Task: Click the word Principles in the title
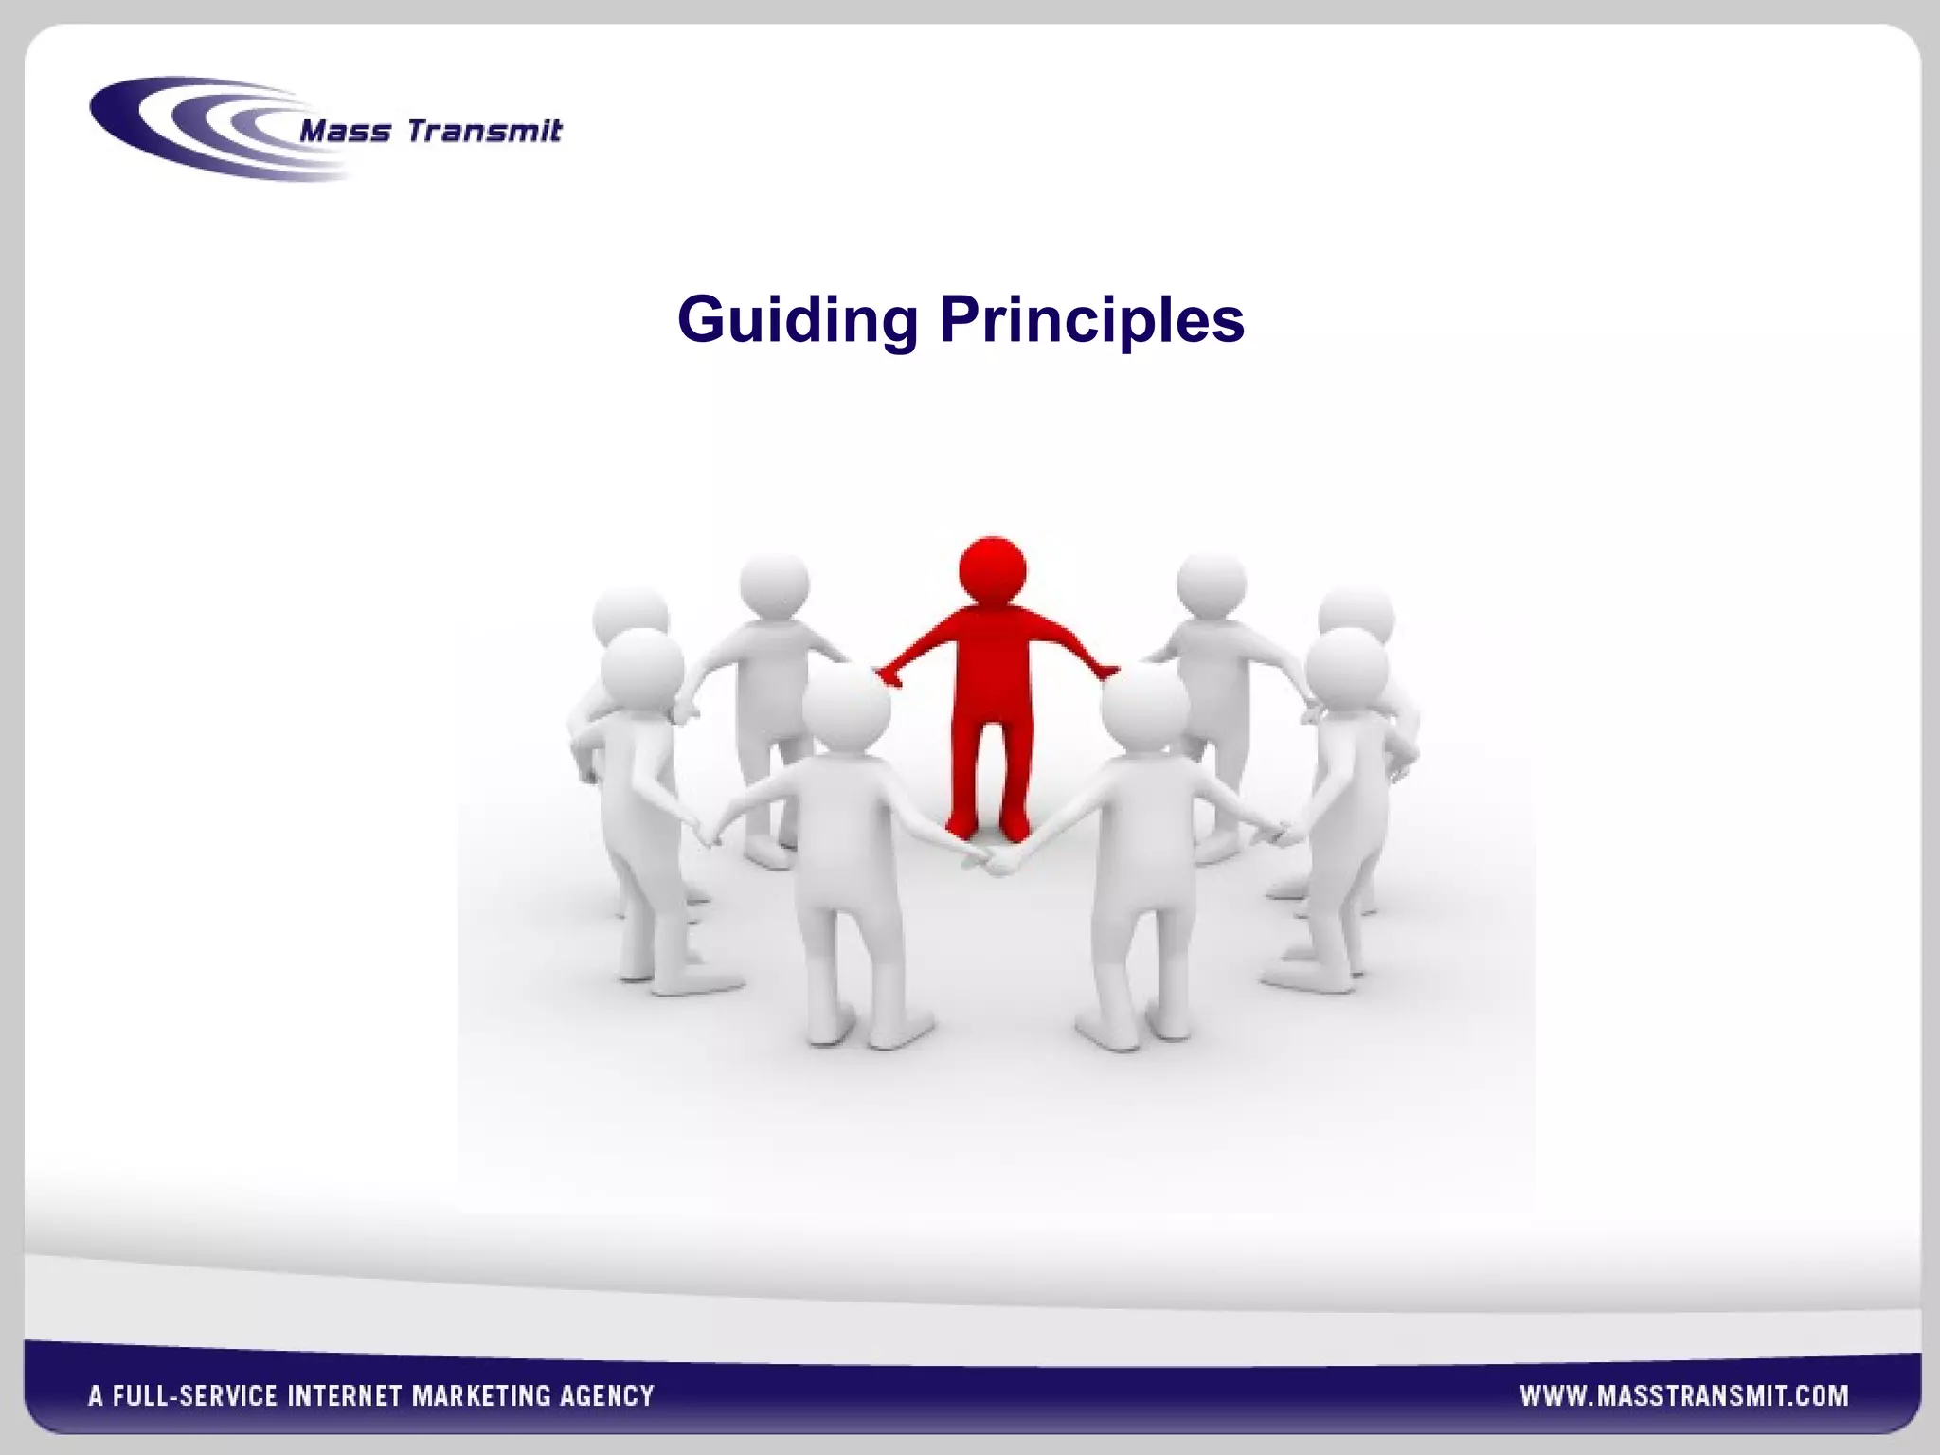tap(1091, 320)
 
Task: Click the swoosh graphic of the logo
tap(189, 128)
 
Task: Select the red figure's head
tap(992, 571)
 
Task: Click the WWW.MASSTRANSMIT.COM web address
tap(1683, 1395)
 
